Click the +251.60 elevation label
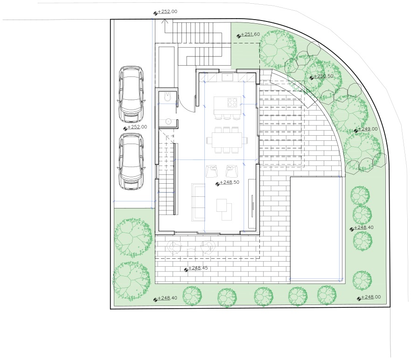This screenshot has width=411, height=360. click(x=251, y=35)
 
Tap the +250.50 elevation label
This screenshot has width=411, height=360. click(x=323, y=76)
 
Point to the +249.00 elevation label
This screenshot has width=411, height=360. click(x=368, y=129)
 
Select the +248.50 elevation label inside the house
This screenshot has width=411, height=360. click(x=230, y=182)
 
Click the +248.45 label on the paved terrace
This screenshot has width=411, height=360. click(x=198, y=268)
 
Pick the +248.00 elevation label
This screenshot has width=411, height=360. click(x=371, y=297)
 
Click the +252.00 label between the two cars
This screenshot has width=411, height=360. click(x=137, y=127)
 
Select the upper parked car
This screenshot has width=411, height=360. click(x=131, y=94)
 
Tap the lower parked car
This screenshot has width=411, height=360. click(x=131, y=161)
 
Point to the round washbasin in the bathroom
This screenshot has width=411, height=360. click(x=168, y=121)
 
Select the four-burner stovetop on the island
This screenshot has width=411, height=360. click(x=232, y=102)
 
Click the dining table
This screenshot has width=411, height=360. click(x=227, y=140)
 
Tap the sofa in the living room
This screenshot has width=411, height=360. click(x=198, y=202)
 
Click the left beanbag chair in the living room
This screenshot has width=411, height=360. click(x=212, y=171)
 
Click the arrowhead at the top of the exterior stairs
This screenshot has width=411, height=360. click(x=165, y=21)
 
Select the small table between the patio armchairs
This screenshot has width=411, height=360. click(x=191, y=252)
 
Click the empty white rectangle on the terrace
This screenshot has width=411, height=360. click(x=316, y=229)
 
